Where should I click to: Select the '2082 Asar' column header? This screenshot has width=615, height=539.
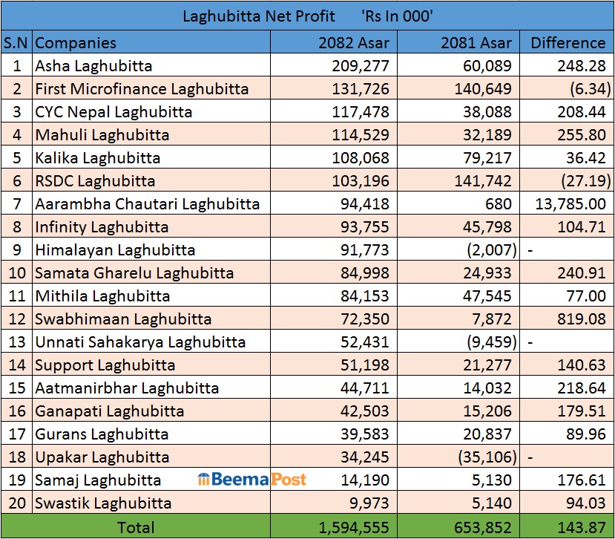tap(352, 42)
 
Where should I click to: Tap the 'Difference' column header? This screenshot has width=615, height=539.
tap(568, 42)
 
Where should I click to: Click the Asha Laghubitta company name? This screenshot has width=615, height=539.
tap(93, 65)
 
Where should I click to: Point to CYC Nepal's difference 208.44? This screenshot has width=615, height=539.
tap(582, 111)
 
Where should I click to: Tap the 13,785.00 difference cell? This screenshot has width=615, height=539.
tap(570, 203)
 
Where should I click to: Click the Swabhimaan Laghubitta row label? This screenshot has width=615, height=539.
tap(123, 318)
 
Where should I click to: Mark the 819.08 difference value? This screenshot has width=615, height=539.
tap(582, 318)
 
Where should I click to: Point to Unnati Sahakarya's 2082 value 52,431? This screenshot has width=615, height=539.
tap(364, 342)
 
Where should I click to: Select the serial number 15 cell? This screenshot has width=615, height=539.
tap(16, 388)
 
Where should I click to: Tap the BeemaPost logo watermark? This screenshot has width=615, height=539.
tap(252, 480)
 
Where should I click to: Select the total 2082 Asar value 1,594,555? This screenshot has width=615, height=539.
tap(353, 527)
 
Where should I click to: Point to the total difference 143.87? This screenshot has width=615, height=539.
tap(582, 527)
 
